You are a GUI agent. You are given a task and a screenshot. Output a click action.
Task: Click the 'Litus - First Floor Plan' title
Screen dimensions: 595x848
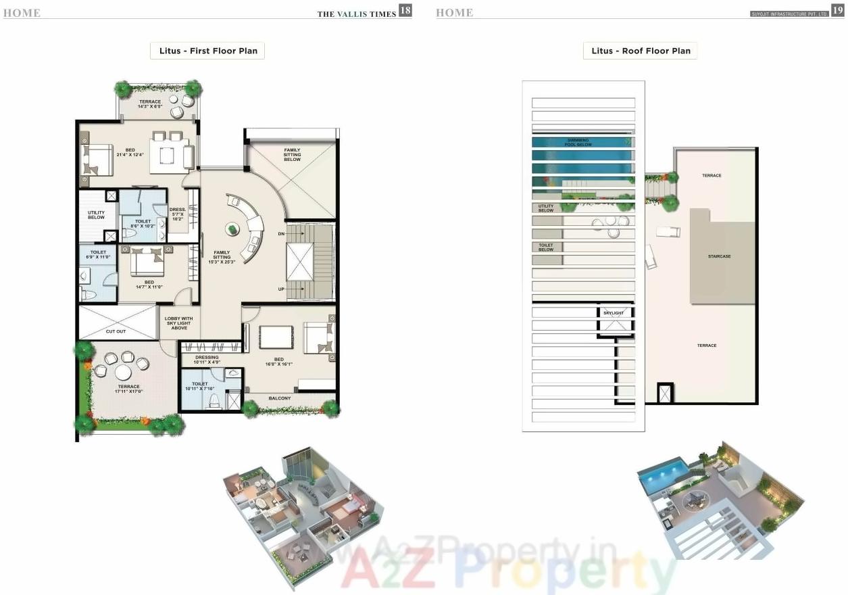tap(208, 51)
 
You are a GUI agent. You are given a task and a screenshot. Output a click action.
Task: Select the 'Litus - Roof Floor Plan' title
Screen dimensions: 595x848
tap(641, 51)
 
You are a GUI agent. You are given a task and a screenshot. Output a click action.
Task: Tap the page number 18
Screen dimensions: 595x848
tap(405, 10)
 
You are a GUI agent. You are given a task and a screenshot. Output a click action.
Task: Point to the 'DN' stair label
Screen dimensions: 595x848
tap(281, 234)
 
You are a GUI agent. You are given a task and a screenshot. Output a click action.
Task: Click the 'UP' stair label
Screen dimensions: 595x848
tap(281, 289)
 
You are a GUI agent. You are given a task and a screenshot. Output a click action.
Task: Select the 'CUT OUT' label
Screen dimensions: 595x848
tap(116, 331)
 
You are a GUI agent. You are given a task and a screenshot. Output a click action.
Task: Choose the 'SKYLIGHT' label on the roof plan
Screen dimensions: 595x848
tap(614, 313)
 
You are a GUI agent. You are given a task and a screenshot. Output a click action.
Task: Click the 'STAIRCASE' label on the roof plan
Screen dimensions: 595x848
tap(719, 256)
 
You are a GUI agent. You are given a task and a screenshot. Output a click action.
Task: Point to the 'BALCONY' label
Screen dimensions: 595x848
tap(280, 398)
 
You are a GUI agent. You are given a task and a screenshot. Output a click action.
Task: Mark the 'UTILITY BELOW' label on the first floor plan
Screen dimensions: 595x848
tap(96, 215)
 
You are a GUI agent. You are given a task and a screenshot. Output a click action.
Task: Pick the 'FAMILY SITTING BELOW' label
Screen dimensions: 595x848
tap(292, 155)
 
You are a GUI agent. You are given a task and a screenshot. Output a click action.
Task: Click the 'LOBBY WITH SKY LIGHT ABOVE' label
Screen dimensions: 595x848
tap(179, 323)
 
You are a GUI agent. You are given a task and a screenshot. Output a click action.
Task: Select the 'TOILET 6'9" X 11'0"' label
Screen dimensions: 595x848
tap(98, 254)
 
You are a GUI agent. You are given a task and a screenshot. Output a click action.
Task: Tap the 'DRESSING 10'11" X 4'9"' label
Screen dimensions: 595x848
tap(207, 360)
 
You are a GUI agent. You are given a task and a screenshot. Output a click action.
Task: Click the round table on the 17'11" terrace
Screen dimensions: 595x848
tap(122, 373)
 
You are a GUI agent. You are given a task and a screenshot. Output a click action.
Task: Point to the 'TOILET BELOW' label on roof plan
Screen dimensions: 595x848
tap(546, 247)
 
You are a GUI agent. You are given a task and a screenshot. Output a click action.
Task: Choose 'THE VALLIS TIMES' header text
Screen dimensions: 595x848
tap(357, 14)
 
